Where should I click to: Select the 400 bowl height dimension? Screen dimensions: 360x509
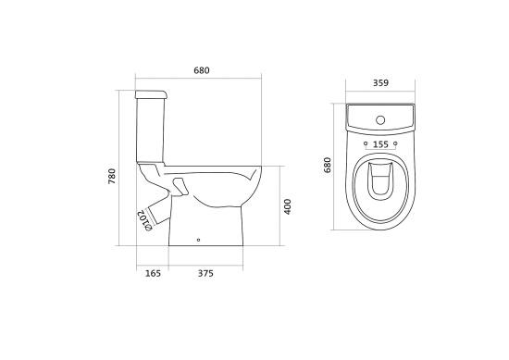(x=288, y=206)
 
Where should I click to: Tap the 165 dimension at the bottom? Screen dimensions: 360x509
(x=154, y=273)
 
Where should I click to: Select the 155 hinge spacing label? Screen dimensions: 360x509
(x=379, y=144)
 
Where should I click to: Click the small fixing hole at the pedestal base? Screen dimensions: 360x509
(x=199, y=243)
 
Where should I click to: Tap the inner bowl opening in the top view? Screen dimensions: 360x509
(x=379, y=185)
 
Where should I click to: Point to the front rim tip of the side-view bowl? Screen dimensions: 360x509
(x=261, y=171)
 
